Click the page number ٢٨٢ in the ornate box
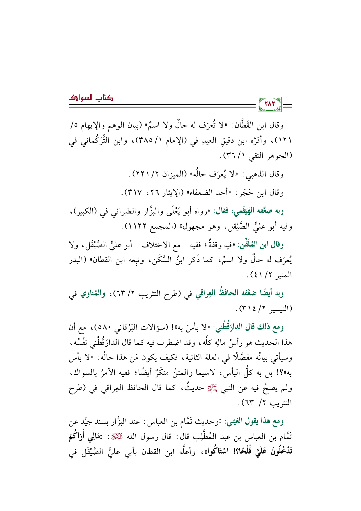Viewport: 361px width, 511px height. click(x=270, y=104)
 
